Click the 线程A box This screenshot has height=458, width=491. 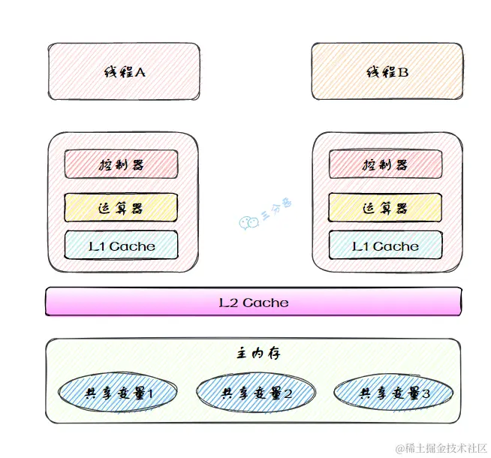click(x=124, y=72)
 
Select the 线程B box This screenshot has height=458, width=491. click(x=387, y=72)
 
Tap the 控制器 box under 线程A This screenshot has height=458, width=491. click(x=121, y=164)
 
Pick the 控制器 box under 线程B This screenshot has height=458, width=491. click(x=385, y=164)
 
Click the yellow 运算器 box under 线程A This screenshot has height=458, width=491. click(x=121, y=207)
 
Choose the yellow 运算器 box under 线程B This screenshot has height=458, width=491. click(x=385, y=207)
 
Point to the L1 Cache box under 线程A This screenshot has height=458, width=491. click(x=121, y=246)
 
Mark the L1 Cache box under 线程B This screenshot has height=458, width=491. click(x=385, y=246)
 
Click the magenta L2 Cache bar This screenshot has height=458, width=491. click(x=253, y=303)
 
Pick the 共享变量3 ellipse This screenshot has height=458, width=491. click(x=393, y=393)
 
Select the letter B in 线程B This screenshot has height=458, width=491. click(x=403, y=73)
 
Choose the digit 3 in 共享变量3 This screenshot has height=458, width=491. click(x=426, y=393)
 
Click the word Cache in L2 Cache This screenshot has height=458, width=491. click(x=265, y=303)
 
